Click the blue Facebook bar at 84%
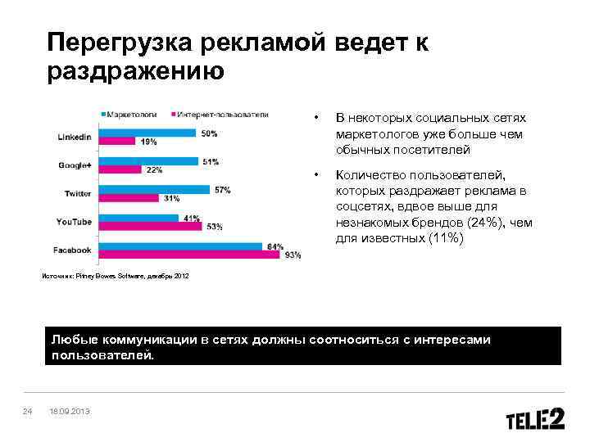[x=179, y=246]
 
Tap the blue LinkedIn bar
[x=147, y=133]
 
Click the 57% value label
[x=222, y=190]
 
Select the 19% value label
[x=148, y=142]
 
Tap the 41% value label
[x=192, y=218]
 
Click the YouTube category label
[x=74, y=222]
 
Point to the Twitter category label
[x=78, y=193]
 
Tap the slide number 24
[x=27, y=410]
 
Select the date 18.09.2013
[x=70, y=410]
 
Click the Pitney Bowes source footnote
[x=115, y=276]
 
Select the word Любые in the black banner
[x=72, y=340]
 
